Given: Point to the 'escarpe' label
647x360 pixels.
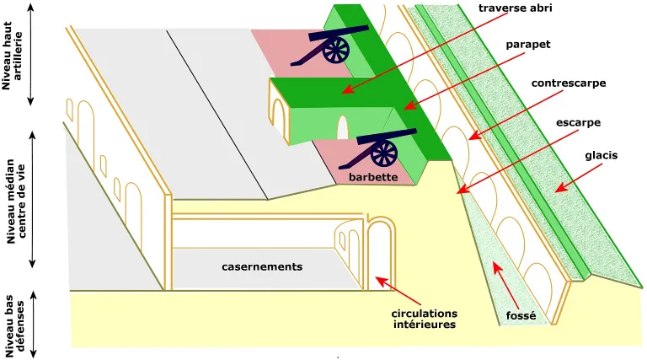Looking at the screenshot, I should pyautogui.click(x=578, y=122).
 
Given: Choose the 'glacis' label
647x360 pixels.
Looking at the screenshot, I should pyautogui.click(x=602, y=156).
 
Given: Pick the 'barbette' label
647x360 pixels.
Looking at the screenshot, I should pyautogui.click(x=372, y=179).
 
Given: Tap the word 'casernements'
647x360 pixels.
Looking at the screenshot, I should pyautogui.click(x=262, y=266).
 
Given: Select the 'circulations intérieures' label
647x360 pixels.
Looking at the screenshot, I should pyautogui.click(x=425, y=319).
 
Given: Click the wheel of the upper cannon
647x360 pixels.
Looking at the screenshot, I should pyautogui.click(x=335, y=51).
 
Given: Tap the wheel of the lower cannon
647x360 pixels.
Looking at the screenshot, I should pyautogui.click(x=384, y=153).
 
